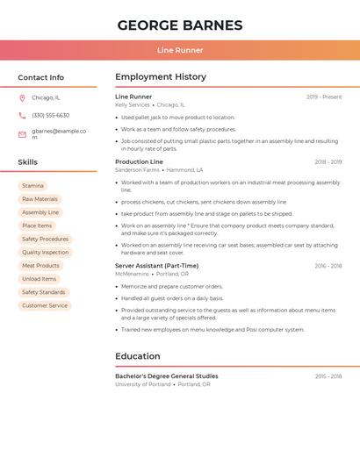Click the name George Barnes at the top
tap(179, 25)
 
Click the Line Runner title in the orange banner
tap(179, 50)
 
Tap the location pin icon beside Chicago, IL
tap(22, 98)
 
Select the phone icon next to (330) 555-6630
tap(22, 116)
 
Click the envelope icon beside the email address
tap(22, 134)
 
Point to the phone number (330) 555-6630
tap(50, 116)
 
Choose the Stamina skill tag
tap(32, 186)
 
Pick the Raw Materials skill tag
tap(40, 199)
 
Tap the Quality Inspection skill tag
tap(45, 253)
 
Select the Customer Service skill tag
tap(45, 305)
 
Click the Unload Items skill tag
tap(39, 279)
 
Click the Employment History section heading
tap(161, 77)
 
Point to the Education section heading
tap(138, 356)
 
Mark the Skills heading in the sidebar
tap(28, 162)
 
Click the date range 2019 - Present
tap(323, 97)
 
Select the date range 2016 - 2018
tap(328, 266)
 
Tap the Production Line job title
tap(139, 162)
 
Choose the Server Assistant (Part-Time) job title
tap(156, 266)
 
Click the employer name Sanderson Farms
tap(139, 170)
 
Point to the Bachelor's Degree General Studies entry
tap(167, 376)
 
